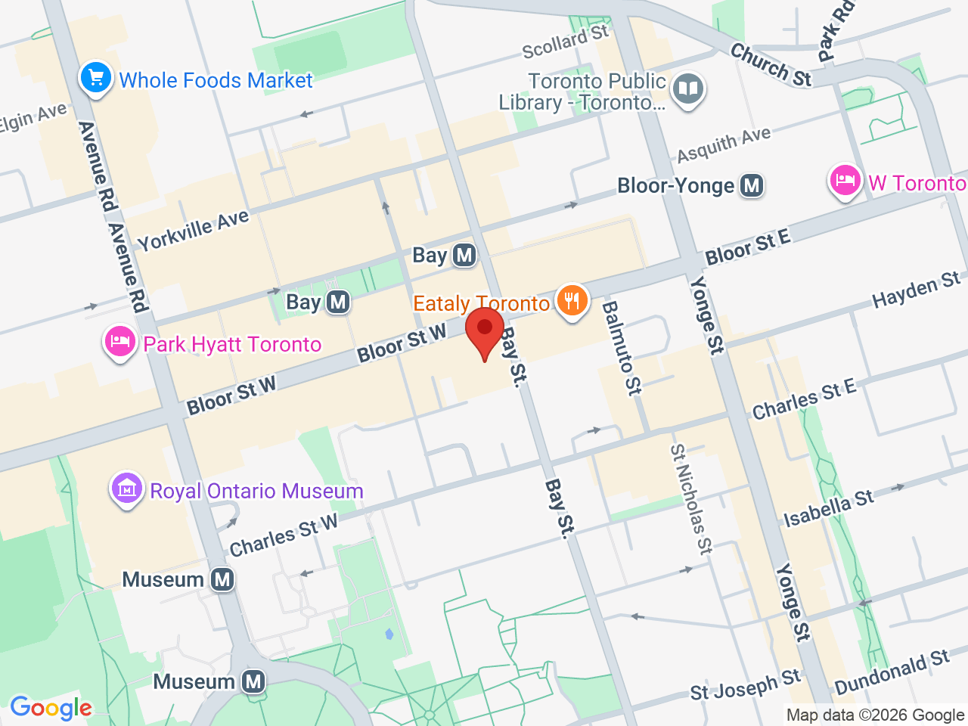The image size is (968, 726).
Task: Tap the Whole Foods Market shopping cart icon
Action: click(96, 78)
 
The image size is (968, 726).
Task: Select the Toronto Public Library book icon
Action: click(687, 89)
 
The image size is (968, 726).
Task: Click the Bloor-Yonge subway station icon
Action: click(751, 185)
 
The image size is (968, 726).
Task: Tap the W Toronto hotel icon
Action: click(845, 181)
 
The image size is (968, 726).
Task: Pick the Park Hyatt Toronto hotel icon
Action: click(119, 343)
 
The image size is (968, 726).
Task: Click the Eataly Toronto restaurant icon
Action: click(572, 301)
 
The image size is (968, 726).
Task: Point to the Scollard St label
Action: click(565, 42)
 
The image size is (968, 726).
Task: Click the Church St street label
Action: click(771, 65)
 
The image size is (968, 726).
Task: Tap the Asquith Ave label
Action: click(724, 144)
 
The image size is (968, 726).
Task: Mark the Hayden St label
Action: click(916, 290)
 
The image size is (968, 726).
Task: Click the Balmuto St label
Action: click(621, 348)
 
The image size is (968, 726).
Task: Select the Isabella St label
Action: click(829, 508)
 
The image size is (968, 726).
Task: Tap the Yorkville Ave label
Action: click(193, 230)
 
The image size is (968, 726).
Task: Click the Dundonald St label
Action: click(892, 672)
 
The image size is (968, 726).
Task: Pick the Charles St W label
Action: click(284, 535)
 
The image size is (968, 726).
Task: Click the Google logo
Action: click(51, 709)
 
